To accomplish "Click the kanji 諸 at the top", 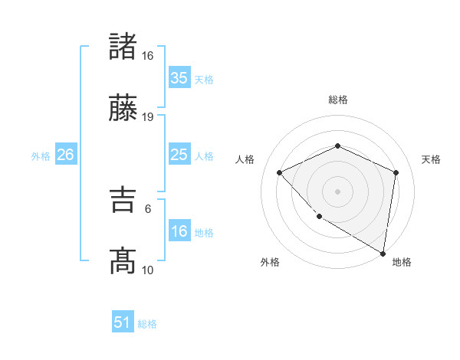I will click(123, 47).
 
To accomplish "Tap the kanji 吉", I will click(123, 201).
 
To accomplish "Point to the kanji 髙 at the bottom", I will click(123, 261).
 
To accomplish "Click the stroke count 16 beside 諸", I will click(147, 56).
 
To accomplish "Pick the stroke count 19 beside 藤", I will click(147, 117).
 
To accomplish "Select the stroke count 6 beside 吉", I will click(147, 208).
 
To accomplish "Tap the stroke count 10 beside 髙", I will click(147, 270).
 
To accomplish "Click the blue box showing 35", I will click(179, 78).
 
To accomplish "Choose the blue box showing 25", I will click(179, 155).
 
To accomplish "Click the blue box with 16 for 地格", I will click(179, 231).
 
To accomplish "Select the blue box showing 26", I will click(65, 155).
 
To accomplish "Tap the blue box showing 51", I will click(123, 322).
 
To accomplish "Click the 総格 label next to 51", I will click(147, 324).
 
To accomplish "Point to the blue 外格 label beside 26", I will click(41, 156).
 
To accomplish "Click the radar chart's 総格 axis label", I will click(337, 100).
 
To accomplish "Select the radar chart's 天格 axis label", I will click(432, 159).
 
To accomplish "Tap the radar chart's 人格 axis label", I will click(245, 159).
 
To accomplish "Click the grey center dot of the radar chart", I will click(337, 191).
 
